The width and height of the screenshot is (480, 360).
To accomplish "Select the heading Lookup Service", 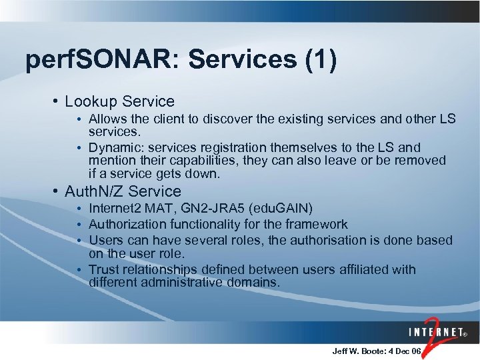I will click(119, 102).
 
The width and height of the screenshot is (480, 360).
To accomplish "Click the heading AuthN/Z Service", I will click(123, 191).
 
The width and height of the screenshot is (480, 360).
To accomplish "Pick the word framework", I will click(315, 225).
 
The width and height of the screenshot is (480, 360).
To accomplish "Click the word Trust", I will click(104, 270).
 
